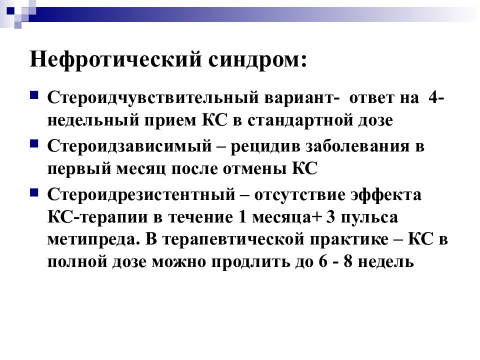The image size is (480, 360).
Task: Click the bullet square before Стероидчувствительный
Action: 34,94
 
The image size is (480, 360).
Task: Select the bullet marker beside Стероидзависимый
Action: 34,143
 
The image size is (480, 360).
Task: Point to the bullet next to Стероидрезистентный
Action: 34,192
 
